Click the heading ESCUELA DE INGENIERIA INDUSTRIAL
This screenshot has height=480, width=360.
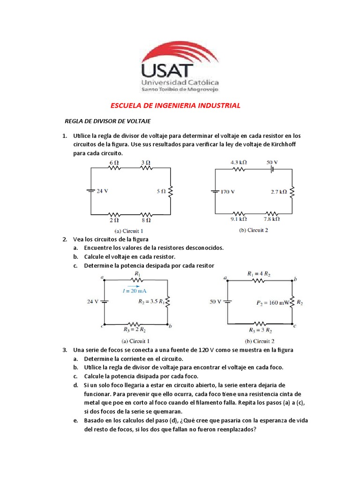174,105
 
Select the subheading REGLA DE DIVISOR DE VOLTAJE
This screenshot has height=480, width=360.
107,121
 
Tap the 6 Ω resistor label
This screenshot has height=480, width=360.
114,162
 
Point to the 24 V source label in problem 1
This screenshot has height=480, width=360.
102,191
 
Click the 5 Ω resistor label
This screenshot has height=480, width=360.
161,191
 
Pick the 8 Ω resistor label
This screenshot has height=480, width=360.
146,219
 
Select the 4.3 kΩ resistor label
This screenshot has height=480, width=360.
239,162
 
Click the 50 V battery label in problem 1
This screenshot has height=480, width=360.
272,162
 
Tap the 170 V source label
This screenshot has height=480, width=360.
228,192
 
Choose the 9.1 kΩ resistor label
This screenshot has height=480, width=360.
239,219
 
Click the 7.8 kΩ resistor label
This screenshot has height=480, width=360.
271,219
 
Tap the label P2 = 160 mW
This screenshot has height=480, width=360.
273,302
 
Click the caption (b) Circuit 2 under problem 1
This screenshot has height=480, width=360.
254,230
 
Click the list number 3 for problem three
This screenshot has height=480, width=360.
65,350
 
